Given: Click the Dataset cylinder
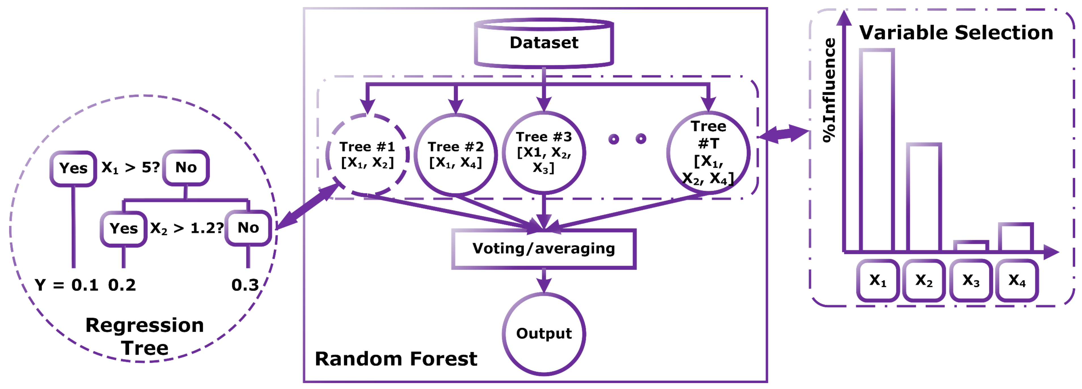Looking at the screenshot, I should (x=544, y=43).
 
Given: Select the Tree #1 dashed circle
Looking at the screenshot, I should (x=367, y=155).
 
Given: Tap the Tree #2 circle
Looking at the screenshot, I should (x=455, y=155).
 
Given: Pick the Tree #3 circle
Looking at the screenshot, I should (x=544, y=152).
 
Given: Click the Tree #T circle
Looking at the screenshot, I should (x=708, y=152).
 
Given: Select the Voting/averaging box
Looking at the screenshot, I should (x=544, y=249).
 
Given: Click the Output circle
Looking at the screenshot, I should (x=544, y=333).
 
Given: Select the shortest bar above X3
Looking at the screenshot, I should (x=971, y=246).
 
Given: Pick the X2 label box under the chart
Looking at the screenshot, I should (x=924, y=280).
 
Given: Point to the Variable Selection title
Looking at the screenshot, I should (x=956, y=33).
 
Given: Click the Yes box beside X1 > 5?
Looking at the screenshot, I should (x=73, y=168).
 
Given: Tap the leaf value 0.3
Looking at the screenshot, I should (x=245, y=285).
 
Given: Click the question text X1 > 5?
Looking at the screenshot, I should (x=130, y=168).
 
